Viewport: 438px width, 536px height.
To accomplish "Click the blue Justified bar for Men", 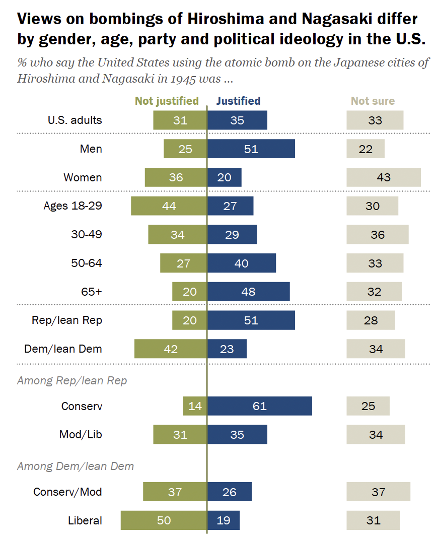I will (x=251, y=149).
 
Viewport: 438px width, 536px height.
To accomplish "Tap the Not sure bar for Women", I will (x=383, y=177).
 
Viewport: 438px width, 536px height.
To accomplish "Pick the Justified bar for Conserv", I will (x=259, y=406).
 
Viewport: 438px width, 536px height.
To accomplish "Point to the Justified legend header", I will (x=238, y=101).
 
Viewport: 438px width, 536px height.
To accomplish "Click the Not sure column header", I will (x=373, y=101).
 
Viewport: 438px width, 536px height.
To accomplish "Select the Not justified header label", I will (x=167, y=101).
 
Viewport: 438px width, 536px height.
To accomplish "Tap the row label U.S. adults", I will (x=75, y=120).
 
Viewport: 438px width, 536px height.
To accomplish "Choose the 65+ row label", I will (x=92, y=292).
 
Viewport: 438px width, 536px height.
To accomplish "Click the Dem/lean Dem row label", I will (x=63, y=349).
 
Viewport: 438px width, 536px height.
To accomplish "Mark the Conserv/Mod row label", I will (x=67, y=492).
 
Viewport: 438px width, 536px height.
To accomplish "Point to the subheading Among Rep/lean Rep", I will (x=72, y=380).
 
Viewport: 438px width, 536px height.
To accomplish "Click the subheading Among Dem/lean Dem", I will (x=76, y=466).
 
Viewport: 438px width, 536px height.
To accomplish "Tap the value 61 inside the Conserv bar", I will (x=259, y=406).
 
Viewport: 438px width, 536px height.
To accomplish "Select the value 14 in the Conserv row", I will (x=195, y=406).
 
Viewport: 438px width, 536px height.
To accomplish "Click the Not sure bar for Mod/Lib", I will (x=375, y=435).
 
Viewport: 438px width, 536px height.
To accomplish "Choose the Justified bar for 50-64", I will (x=242, y=263).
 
